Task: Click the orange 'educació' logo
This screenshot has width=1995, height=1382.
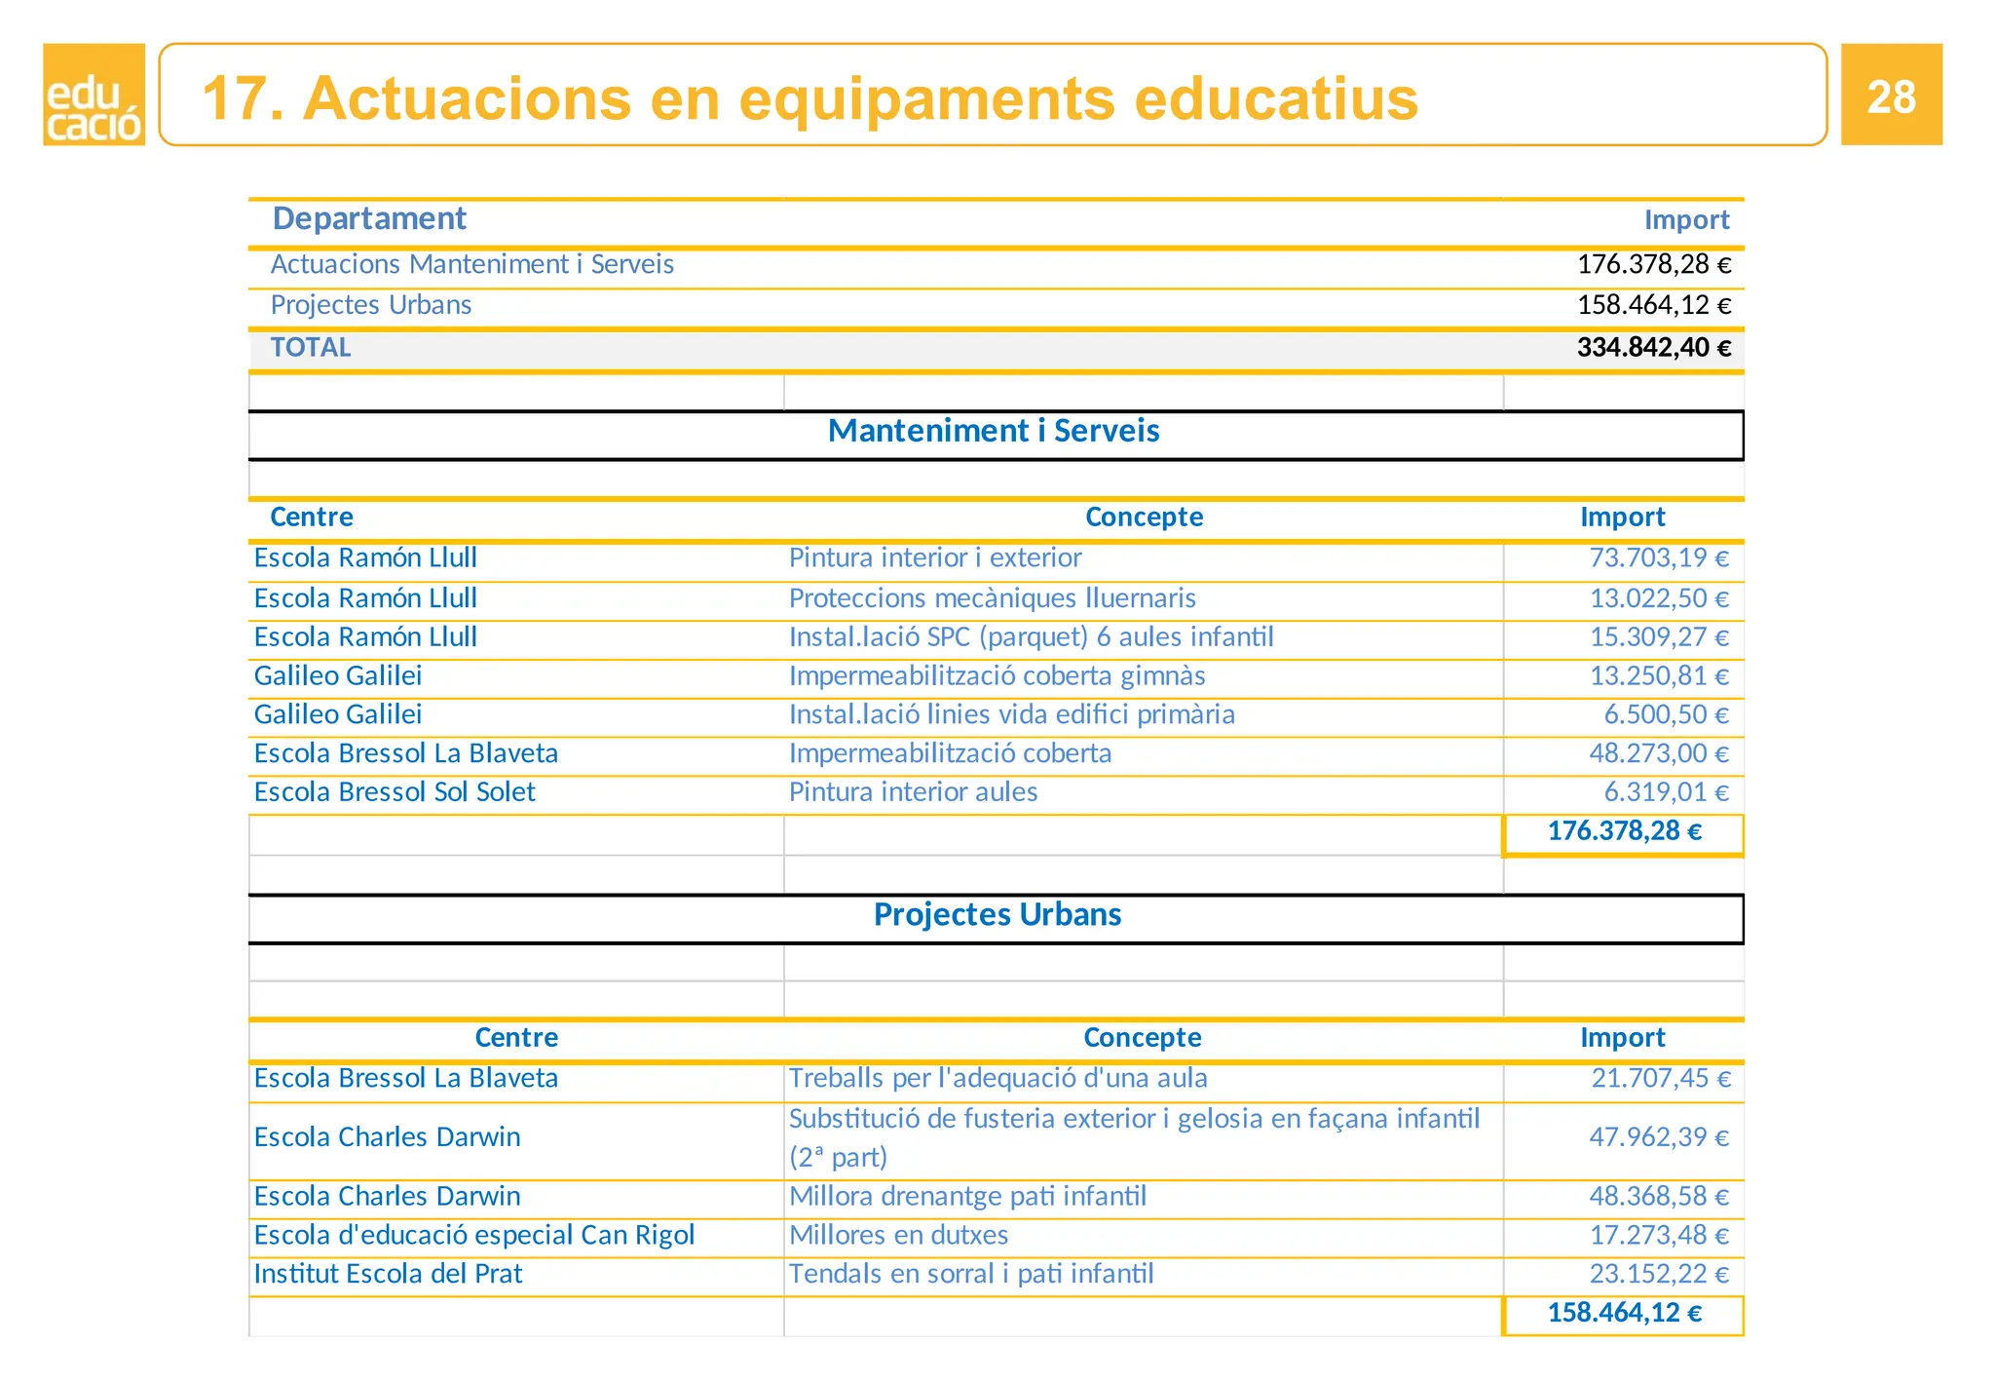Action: [94, 95]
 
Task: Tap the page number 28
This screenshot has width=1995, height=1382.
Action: [1891, 96]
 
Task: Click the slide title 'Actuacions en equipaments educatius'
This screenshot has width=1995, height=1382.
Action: [809, 98]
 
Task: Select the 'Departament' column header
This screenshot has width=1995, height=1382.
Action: [369, 218]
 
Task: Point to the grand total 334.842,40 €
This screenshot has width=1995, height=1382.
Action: [1653, 348]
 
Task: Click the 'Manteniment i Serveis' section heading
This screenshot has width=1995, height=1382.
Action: [994, 431]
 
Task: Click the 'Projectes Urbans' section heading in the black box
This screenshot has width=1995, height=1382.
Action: [997, 915]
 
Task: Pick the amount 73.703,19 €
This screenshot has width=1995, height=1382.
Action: [1659, 557]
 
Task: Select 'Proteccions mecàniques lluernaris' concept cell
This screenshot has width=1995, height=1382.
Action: [992, 597]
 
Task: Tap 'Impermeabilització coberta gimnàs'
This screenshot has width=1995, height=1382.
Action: [997, 675]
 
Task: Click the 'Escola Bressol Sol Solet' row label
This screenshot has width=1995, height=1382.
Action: [395, 792]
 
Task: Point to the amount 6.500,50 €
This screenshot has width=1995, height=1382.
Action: [1666, 714]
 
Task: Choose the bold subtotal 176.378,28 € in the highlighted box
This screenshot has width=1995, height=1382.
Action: [1624, 831]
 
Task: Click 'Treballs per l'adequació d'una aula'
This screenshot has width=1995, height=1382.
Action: [997, 1078]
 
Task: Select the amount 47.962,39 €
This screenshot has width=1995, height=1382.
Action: [1659, 1137]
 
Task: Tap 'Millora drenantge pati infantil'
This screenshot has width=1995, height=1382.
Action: [967, 1196]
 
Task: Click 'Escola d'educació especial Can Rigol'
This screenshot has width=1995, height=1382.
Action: [474, 1235]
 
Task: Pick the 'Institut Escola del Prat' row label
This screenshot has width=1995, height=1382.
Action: [388, 1274]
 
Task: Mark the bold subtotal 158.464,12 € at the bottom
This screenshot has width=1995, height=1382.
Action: [1624, 1313]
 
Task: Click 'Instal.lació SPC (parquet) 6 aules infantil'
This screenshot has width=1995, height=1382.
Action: [1031, 636]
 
